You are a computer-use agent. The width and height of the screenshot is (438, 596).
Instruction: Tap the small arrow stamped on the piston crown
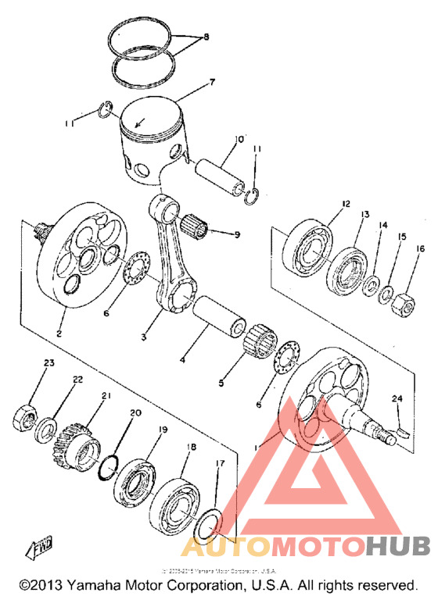(139, 121)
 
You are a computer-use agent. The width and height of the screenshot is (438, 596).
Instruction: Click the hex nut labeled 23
(25, 416)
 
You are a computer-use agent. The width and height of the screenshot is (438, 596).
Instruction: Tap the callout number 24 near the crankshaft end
(398, 399)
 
